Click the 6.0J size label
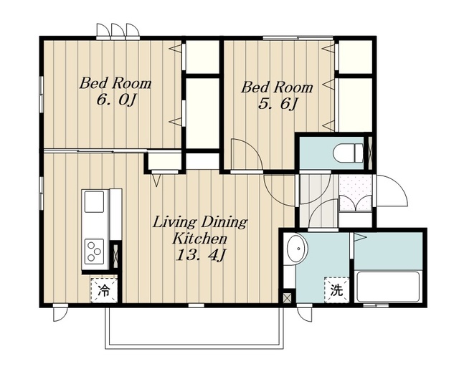(x=116, y=101)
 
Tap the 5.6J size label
(x=278, y=105)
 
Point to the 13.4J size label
(x=200, y=255)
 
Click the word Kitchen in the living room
(x=199, y=239)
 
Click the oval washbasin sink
(x=297, y=249)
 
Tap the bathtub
(x=387, y=287)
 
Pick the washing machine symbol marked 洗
(x=336, y=289)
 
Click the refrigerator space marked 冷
(x=103, y=290)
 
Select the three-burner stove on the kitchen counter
(x=94, y=251)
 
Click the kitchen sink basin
(x=94, y=202)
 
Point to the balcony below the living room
(x=194, y=327)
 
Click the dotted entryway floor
(x=356, y=193)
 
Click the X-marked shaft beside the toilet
(x=370, y=153)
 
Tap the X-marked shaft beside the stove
(x=115, y=254)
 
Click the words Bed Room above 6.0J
(x=115, y=83)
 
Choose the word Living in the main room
(x=174, y=223)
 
